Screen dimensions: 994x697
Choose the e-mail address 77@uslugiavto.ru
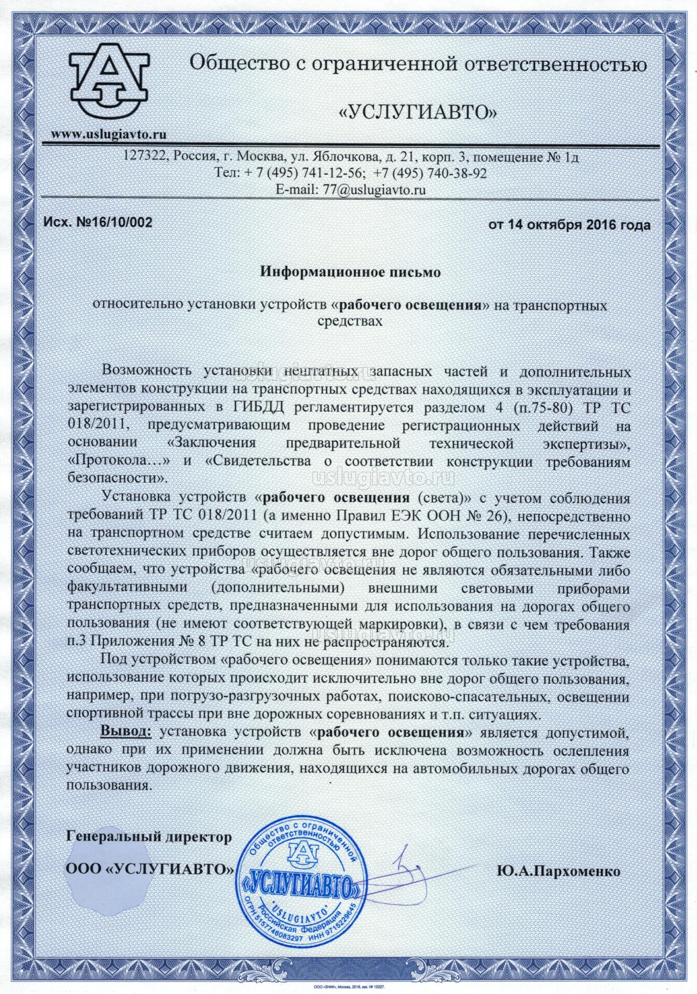[372, 190]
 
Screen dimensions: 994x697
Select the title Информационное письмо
[350, 272]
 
